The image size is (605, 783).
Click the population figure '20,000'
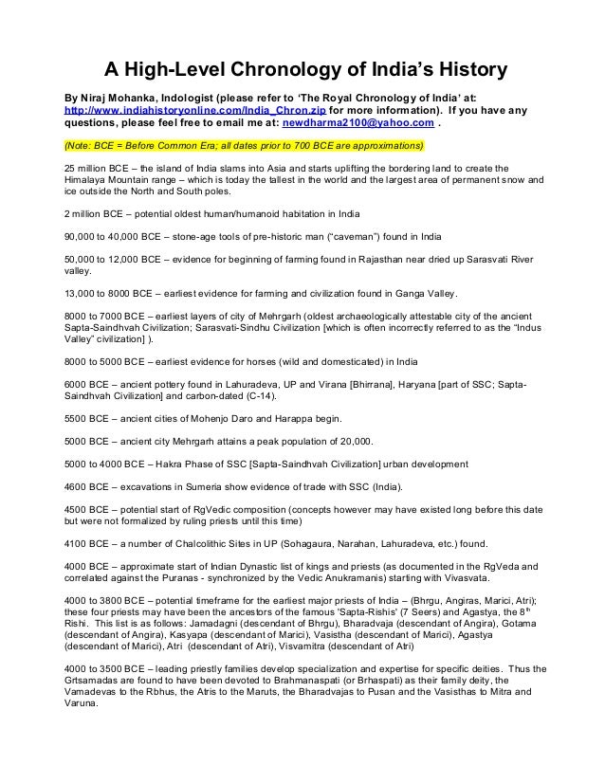353,441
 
